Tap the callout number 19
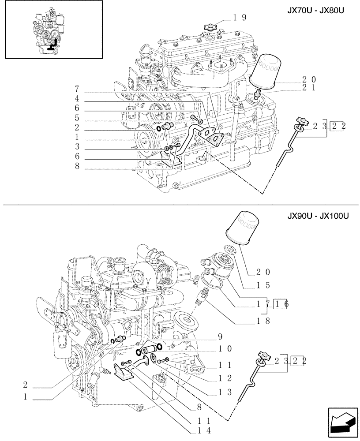pyautogui.click(x=240, y=18)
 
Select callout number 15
pyautogui.click(x=263, y=285)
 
